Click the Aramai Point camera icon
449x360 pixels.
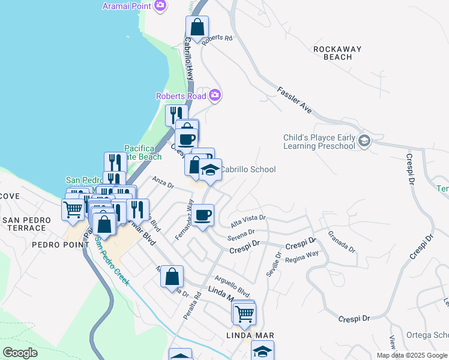(x=160, y=5)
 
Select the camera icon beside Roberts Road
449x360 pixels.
(x=215, y=95)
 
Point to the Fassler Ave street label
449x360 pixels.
(x=294, y=100)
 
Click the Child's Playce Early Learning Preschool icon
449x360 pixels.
(x=364, y=142)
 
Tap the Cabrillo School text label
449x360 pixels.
(x=247, y=170)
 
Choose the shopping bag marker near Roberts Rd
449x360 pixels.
(x=197, y=27)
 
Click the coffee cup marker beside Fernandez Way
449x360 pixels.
(x=203, y=214)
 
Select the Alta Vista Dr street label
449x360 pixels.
(x=248, y=222)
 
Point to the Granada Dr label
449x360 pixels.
(x=340, y=242)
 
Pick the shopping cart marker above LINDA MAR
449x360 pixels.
(x=244, y=313)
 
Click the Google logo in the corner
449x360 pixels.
(x=20, y=353)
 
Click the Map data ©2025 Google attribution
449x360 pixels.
(x=411, y=355)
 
